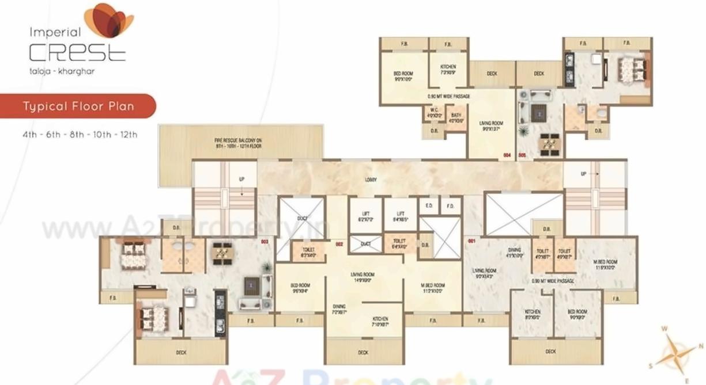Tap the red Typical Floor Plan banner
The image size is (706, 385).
(x=78, y=106)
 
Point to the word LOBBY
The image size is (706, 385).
(x=371, y=180)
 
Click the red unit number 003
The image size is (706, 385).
(x=265, y=242)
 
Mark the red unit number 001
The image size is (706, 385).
(x=471, y=241)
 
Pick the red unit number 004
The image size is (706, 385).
(x=507, y=155)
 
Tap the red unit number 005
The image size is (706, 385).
(x=522, y=155)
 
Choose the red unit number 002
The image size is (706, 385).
(x=339, y=244)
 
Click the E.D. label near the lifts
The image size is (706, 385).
(x=429, y=205)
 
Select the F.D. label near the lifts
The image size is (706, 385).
(x=450, y=205)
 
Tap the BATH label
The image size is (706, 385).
(x=456, y=113)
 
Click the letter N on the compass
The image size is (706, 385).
(x=701, y=346)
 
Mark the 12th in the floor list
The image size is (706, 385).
(x=129, y=135)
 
